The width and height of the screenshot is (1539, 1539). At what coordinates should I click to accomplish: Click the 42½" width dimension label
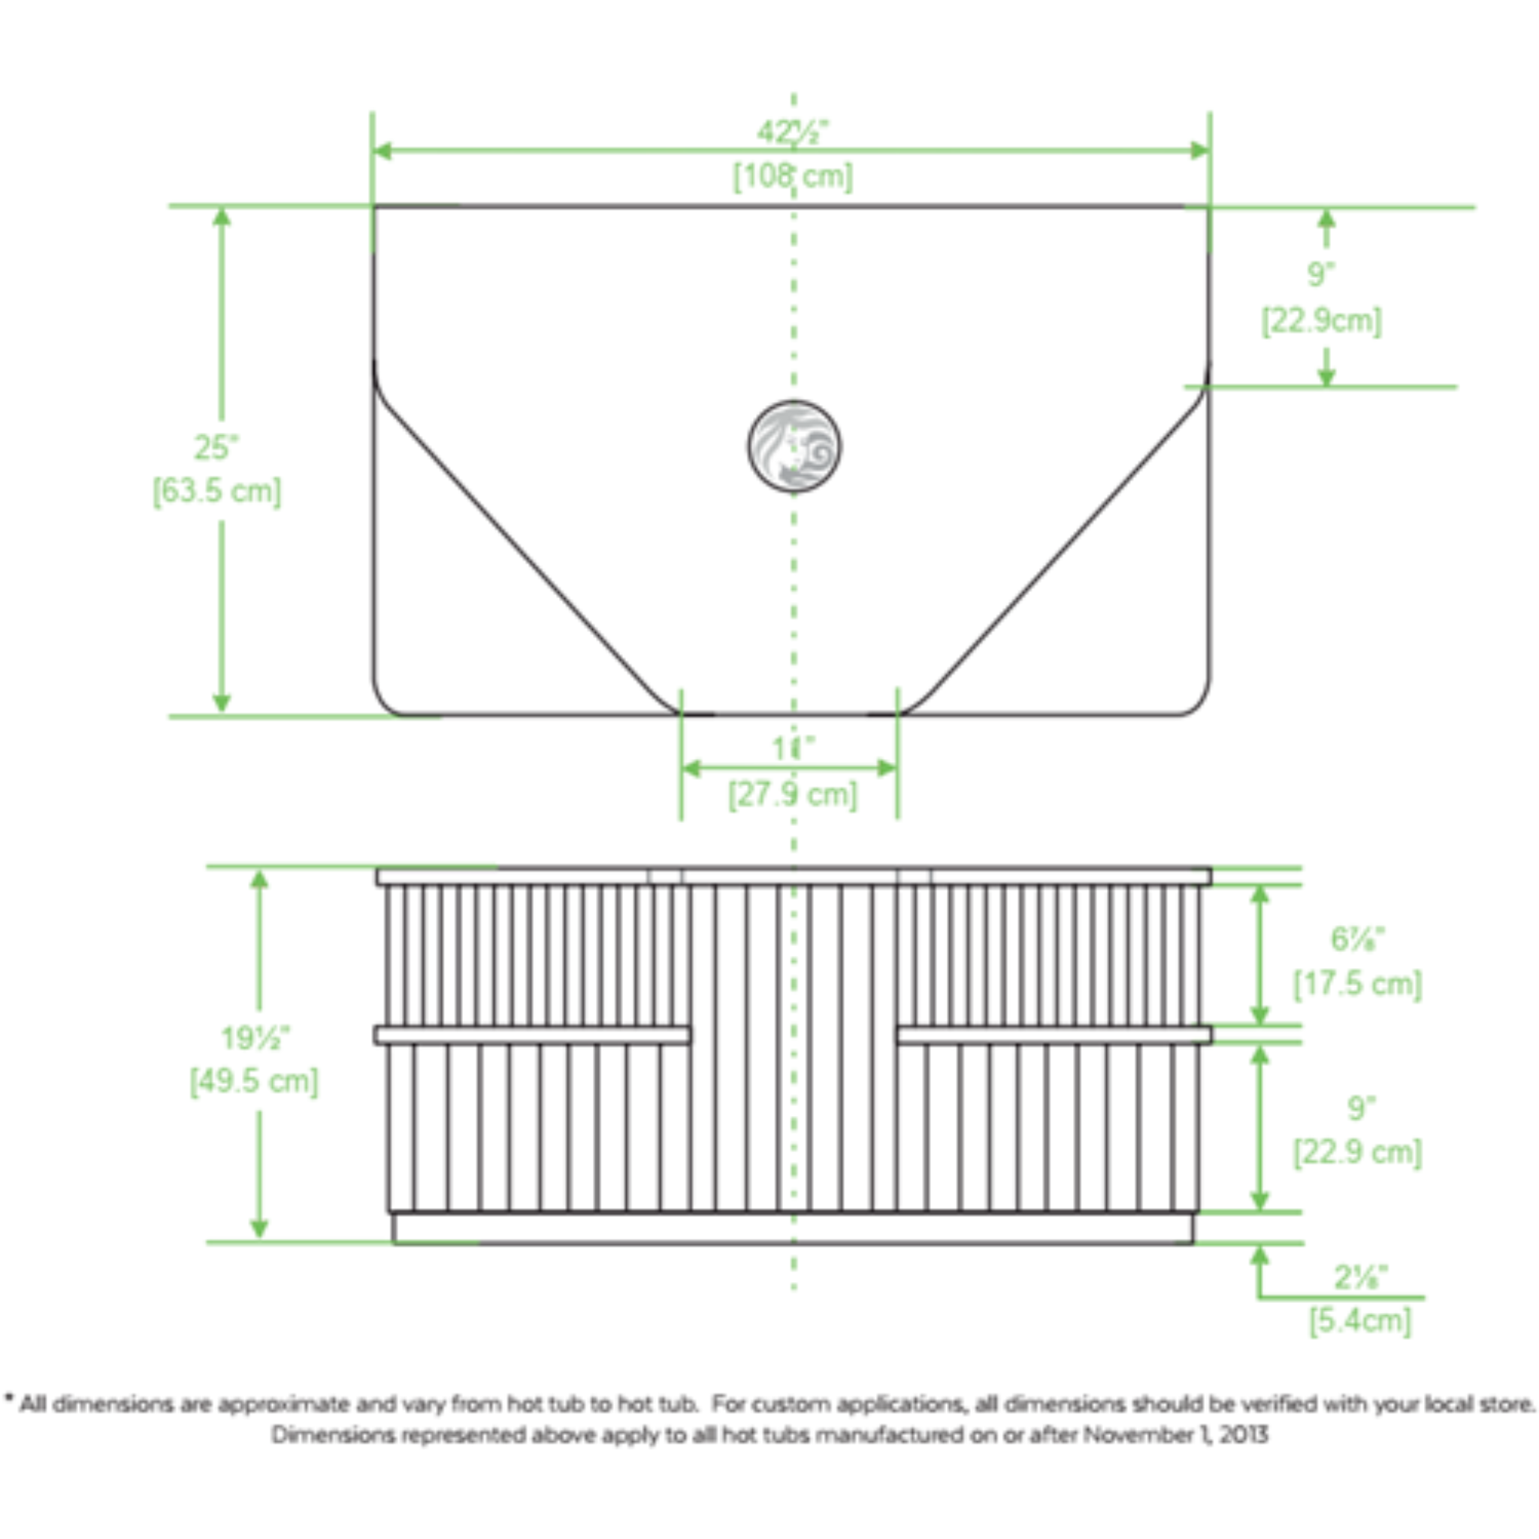(x=793, y=132)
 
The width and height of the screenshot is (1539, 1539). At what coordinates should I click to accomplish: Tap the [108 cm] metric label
(x=793, y=176)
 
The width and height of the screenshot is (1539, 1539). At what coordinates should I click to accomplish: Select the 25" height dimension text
(x=216, y=448)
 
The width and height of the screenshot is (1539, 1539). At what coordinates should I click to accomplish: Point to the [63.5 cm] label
(x=216, y=491)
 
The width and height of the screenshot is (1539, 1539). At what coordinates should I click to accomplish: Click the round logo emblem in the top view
(x=794, y=446)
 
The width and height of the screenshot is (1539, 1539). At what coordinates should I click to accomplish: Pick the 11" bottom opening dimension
(x=793, y=748)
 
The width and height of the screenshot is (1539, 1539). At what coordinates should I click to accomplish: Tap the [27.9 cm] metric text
(x=793, y=794)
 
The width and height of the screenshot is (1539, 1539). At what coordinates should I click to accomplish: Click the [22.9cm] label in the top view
(x=1322, y=320)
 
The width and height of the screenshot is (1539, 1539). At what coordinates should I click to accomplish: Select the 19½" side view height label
(x=255, y=1038)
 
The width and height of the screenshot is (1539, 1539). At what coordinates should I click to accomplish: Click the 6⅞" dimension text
(x=1358, y=939)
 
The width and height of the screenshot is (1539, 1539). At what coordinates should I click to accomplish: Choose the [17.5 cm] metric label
(x=1357, y=983)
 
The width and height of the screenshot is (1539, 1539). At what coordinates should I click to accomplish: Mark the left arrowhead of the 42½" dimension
(x=382, y=150)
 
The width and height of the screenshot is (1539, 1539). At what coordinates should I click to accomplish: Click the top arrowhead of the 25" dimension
(x=222, y=216)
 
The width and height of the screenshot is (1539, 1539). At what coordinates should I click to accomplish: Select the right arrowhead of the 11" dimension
(x=887, y=768)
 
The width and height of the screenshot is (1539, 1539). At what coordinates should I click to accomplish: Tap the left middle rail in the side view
(x=532, y=1035)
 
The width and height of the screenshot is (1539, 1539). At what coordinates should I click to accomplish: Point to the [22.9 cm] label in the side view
(x=1357, y=1152)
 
